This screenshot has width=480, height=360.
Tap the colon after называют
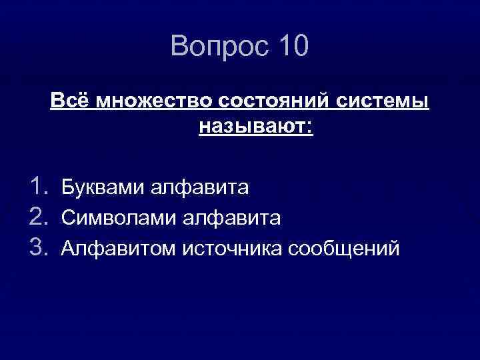click(309, 127)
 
